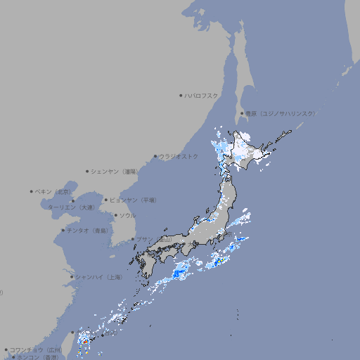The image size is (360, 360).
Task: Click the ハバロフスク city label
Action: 202,95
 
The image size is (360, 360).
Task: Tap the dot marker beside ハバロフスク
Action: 181,95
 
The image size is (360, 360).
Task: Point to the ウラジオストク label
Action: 179,156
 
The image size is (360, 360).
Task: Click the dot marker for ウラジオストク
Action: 156,156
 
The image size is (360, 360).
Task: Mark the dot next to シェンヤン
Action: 87,171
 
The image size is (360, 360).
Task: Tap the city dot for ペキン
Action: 32,191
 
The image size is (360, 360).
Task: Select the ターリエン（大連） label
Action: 70,207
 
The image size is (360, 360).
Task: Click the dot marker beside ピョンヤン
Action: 106,200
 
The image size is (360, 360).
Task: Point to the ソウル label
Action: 127,215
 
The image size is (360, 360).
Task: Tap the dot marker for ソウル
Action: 114,215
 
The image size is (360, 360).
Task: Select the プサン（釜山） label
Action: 153,239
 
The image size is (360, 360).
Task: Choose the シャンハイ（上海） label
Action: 99,277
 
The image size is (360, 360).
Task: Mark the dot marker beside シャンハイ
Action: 72,277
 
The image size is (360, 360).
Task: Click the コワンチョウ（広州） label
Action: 36,349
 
